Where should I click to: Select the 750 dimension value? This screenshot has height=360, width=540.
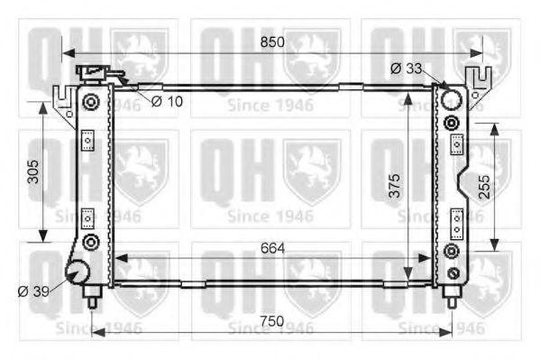click(271, 320)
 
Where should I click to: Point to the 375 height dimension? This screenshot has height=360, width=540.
click(393, 184)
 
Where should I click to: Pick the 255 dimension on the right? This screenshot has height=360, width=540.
click(484, 187)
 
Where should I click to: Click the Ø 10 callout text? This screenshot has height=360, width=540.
click(167, 100)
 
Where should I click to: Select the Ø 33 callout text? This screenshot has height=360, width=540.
click(407, 68)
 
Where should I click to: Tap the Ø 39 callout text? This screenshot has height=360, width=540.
click(32, 291)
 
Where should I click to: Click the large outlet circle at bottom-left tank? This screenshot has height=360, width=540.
click(78, 273)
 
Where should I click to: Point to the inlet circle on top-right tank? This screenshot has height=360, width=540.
click(452, 98)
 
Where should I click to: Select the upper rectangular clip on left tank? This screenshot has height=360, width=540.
click(88, 142)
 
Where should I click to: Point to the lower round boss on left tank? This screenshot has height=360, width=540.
click(89, 242)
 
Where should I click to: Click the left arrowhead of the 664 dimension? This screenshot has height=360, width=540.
click(118, 258)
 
